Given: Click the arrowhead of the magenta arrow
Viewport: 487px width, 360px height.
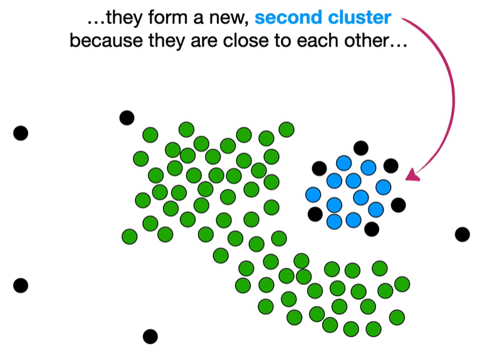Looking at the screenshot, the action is (411, 176).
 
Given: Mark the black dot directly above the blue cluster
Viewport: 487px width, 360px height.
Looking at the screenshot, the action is (360, 148).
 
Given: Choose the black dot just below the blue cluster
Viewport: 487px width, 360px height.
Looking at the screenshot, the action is (372, 229).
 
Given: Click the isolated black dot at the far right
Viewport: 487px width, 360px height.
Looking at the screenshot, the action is (462, 235).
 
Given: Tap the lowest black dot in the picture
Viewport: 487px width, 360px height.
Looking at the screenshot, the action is (150, 336).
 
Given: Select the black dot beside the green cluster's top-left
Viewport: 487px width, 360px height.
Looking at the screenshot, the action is (127, 117).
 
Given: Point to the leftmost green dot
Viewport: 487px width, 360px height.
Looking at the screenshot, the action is (129, 236).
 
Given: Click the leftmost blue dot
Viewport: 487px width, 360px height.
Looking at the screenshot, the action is (313, 195).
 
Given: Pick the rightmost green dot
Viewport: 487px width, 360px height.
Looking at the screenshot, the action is (402, 284).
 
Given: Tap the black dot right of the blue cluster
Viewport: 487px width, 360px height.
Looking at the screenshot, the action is (398, 205).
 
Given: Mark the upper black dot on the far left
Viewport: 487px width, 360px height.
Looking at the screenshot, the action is (21, 133).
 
